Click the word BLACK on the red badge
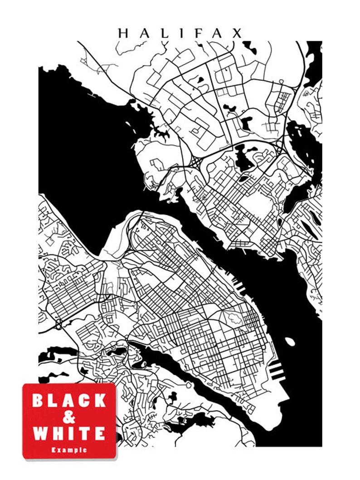point(69,401)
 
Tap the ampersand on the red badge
point(69,417)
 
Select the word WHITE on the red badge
point(69,433)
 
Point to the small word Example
point(69,450)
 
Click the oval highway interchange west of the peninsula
point(59,324)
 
